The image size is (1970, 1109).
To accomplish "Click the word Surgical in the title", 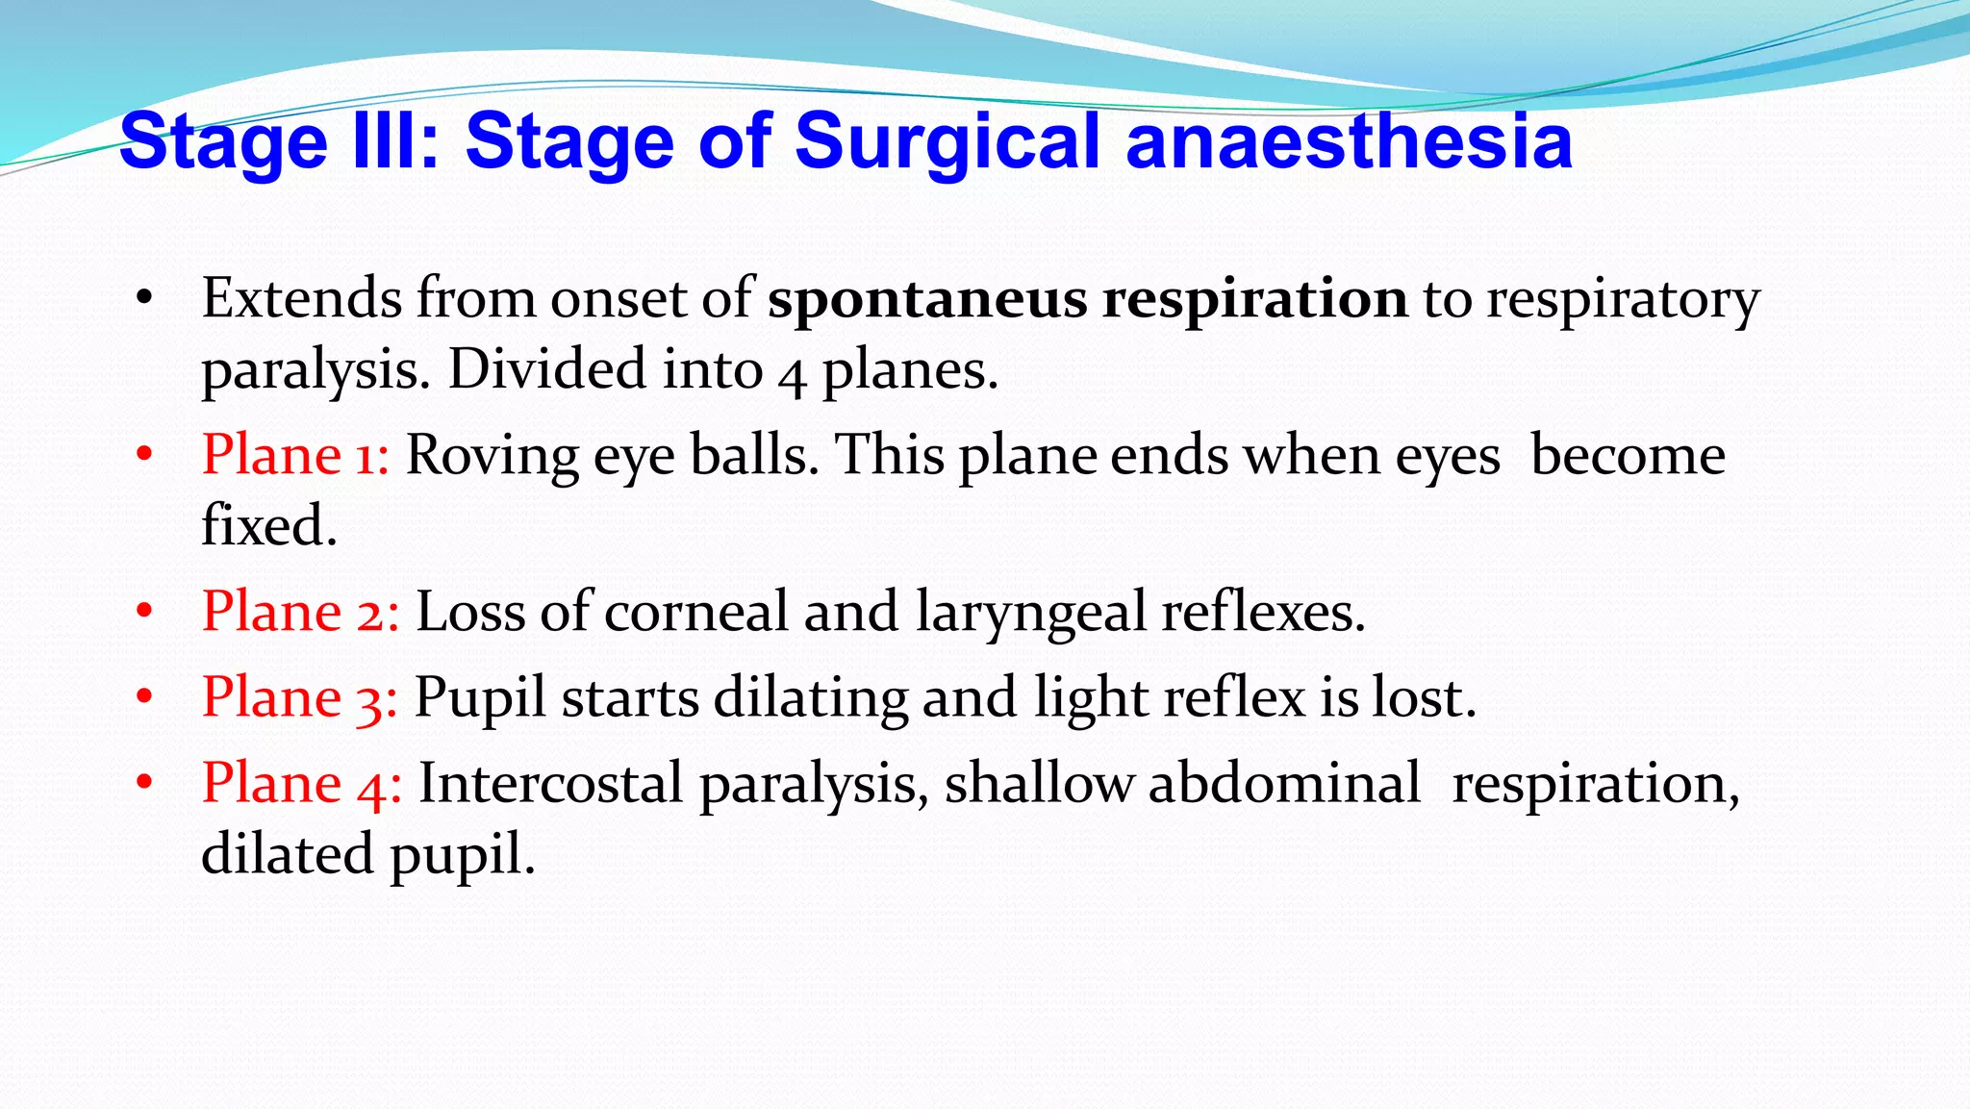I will (x=947, y=142).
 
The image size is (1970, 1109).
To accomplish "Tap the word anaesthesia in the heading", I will (x=1349, y=140).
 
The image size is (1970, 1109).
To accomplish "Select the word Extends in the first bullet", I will (x=302, y=298).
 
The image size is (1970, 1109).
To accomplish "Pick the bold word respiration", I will (x=1254, y=300).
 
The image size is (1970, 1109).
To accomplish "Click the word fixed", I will (x=269, y=526).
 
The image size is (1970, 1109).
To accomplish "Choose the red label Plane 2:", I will (x=300, y=612).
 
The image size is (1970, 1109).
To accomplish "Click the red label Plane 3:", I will (x=299, y=697).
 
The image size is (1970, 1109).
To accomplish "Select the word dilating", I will (x=810, y=699).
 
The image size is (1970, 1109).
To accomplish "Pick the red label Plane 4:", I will (x=301, y=783).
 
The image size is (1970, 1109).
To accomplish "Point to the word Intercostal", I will (x=550, y=783).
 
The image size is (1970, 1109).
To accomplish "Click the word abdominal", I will (x=1283, y=783).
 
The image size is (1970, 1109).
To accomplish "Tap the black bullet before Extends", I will (x=144, y=298).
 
